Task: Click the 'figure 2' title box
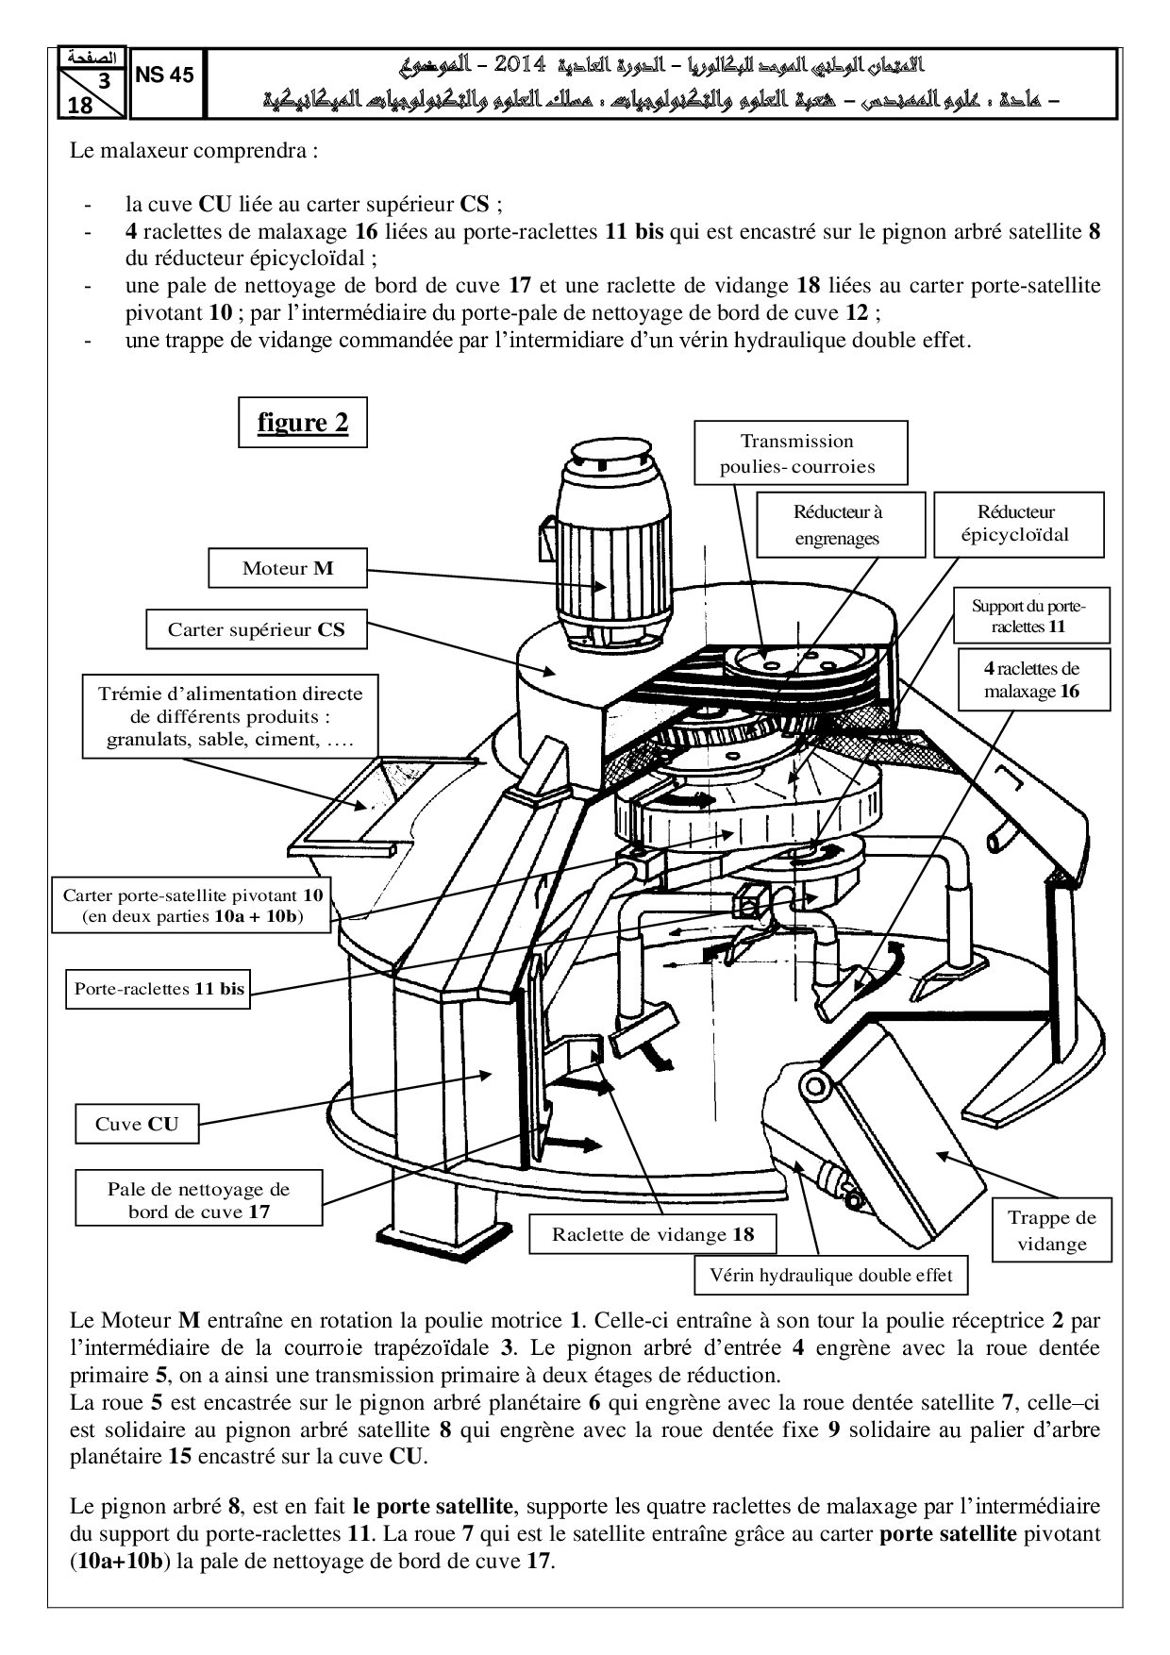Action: (x=302, y=423)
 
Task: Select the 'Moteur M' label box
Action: (x=287, y=568)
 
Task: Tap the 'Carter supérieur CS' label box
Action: (x=256, y=629)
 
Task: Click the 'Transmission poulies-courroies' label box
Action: (x=800, y=453)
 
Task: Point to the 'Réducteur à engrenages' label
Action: (x=836, y=526)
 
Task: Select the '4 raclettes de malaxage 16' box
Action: (x=1032, y=679)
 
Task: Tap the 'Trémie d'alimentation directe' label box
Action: (x=230, y=716)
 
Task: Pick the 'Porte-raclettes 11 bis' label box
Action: (x=159, y=989)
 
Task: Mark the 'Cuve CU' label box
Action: (x=137, y=1124)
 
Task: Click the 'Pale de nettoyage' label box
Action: (x=198, y=1199)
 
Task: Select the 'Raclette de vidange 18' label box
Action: (x=653, y=1234)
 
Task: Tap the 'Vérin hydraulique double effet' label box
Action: (x=830, y=1276)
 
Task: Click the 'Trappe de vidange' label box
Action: (x=1051, y=1230)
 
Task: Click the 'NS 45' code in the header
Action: (x=165, y=75)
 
